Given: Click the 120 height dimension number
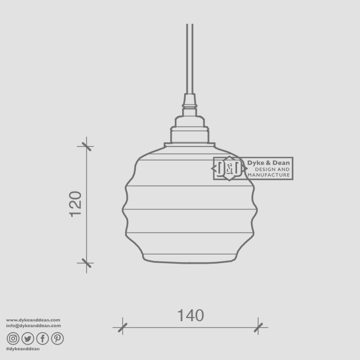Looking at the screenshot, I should [x=76, y=204].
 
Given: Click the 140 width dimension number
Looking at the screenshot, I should [x=190, y=316].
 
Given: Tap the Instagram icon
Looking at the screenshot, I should [x=13, y=338].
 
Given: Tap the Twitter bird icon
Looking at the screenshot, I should [x=28, y=338].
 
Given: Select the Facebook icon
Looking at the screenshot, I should [x=42, y=338].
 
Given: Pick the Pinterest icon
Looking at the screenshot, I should [x=57, y=338].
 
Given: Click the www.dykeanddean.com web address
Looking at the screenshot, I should [x=33, y=320].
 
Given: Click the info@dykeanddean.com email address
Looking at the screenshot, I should [x=33, y=326].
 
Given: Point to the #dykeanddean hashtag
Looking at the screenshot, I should [x=23, y=349].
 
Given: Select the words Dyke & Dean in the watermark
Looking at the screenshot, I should [x=268, y=163].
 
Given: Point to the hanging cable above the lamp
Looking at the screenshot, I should [x=190, y=60].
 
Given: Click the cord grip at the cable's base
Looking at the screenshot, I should [x=190, y=102].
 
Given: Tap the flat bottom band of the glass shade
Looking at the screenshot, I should [x=190, y=258].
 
